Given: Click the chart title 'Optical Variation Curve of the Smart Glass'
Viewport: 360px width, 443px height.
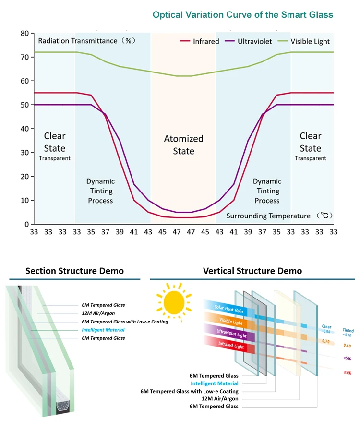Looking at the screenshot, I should tap(242, 15).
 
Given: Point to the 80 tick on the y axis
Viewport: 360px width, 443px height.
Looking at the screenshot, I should tap(25, 34).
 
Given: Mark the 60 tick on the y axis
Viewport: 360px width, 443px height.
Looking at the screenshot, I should tap(25, 81).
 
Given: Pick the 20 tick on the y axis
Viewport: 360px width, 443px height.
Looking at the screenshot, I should tap(25, 177).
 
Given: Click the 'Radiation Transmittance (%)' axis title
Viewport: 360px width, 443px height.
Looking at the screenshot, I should tap(87, 41).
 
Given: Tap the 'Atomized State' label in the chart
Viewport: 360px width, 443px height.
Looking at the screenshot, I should tap(184, 145).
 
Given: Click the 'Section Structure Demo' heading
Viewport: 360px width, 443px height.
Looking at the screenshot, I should tap(74, 271).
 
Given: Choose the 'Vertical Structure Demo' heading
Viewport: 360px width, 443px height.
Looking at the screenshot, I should tap(252, 271).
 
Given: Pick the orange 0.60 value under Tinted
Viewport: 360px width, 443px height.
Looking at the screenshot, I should tap(348, 346).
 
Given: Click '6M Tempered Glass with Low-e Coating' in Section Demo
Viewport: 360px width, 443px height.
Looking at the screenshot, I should tap(125, 322).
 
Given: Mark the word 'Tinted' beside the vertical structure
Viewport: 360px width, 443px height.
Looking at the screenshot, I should tap(348, 330).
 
